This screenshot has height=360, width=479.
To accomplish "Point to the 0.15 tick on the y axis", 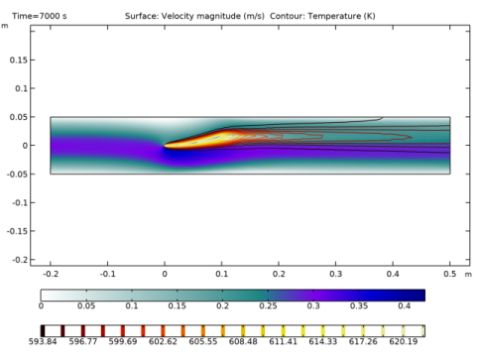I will pos(17,60).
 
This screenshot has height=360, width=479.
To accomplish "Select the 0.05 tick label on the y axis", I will pos(17,117).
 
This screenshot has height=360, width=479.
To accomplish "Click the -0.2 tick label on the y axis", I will pos(17,260).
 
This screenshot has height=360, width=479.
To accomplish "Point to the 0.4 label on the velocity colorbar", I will pos(405,308).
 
